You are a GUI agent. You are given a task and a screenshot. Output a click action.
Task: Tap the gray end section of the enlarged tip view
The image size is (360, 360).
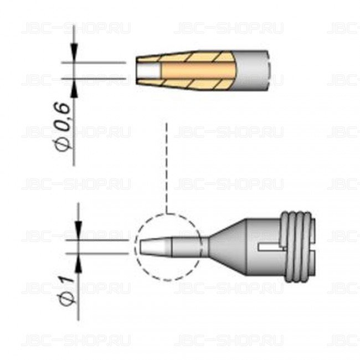[x=255, y=70]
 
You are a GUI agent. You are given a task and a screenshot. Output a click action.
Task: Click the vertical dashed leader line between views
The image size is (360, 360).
[x=166, y=166]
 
